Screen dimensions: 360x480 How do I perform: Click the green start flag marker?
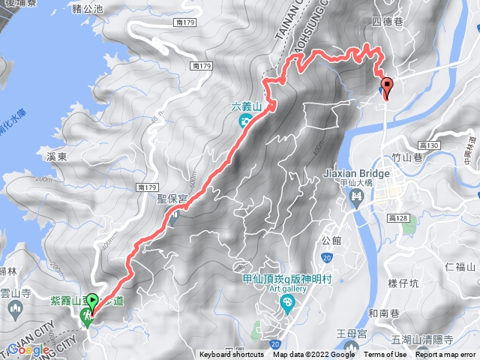click(x=92, y=303)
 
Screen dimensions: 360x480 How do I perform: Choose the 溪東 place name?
click(x=57, y=157)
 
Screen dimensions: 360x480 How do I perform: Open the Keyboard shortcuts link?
click(x=231, y=355)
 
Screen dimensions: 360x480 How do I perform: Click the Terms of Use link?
click(x=385, y=355)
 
